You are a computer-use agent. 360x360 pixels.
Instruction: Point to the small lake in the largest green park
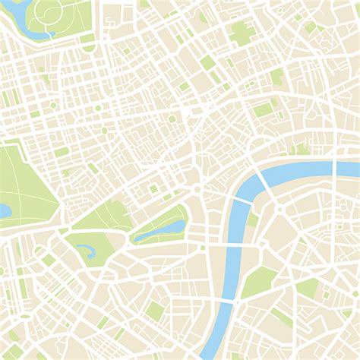pyautogui.click(x=4, y=210)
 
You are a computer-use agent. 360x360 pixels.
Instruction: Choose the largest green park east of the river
pyautogui.click(x=258, y=281)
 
